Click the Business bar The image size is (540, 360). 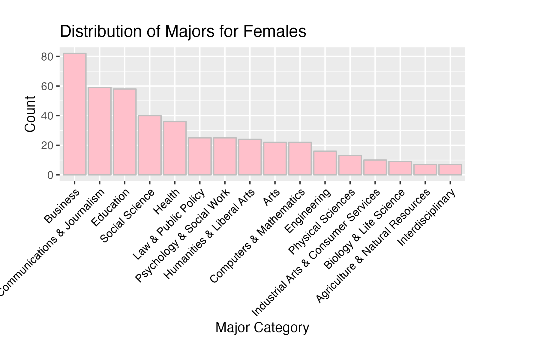[x=75, y=114]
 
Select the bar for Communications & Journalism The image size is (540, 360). [x=100, y=131]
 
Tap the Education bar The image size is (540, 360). [x=125, y=132]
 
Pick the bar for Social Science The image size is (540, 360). [x=150, y=145]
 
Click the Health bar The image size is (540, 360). [x=175, y=148]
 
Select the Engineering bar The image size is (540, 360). [x=325, y=163]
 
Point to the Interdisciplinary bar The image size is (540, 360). [x=450, y=169]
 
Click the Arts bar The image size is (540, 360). [x=275, y=158]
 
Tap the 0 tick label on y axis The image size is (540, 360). [x=50, y=175]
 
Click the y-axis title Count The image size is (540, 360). [x=30, y=114]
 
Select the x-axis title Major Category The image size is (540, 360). [x=262, y=328]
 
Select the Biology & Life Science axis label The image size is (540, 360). [x=364, y=230]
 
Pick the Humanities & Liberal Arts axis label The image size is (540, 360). [x=210, y=234]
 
